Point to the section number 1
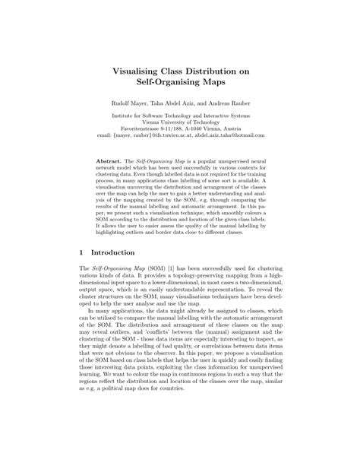point(81,251)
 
